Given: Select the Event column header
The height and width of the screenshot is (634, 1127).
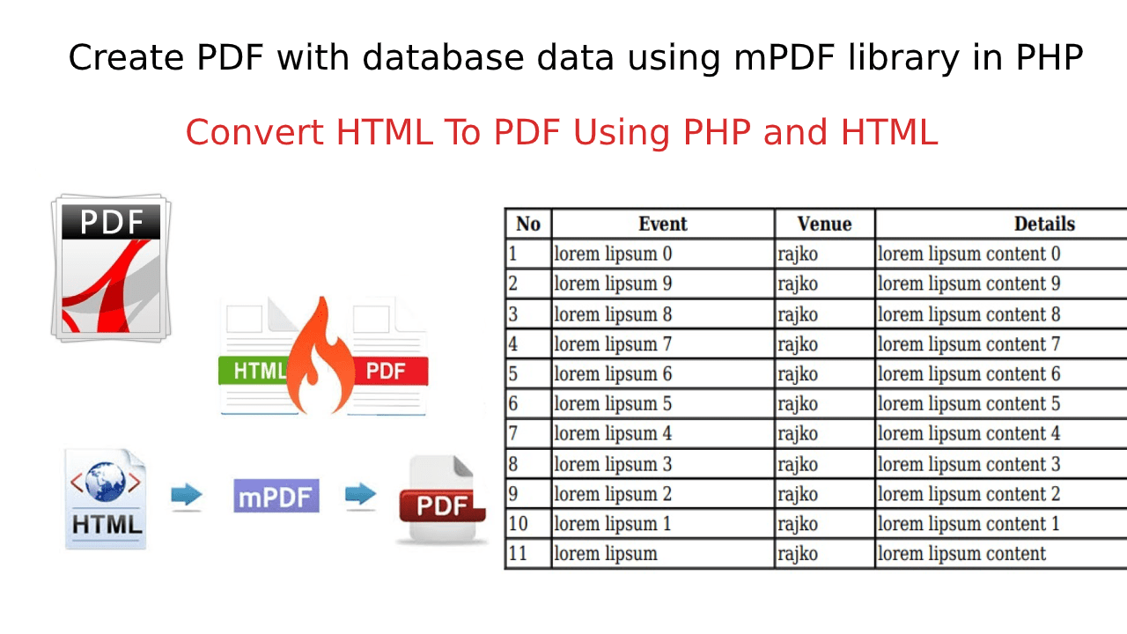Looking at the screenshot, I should tap(662, 224).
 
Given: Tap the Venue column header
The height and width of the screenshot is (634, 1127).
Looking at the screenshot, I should tap(824, 224).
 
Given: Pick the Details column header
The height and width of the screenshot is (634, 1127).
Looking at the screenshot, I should tap(1044, 224).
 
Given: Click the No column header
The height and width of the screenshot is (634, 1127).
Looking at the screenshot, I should tap(527, 224).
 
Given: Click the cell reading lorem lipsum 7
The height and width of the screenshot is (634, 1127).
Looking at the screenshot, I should tap(612, 344).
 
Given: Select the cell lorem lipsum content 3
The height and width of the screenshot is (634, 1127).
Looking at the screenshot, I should tap(969, 464).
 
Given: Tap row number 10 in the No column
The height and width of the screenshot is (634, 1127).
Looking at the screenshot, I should tap(518, 524).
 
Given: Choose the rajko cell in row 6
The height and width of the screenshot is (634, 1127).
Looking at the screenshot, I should tap(798, 404).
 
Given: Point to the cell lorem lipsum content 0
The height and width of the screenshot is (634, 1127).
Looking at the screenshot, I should tap(969, 254).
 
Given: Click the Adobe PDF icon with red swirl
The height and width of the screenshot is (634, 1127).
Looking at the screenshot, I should tap(111, 269).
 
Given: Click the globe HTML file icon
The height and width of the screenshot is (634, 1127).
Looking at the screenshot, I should tap(106, 498).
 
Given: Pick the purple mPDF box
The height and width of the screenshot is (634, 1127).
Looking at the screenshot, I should tap(276, 496).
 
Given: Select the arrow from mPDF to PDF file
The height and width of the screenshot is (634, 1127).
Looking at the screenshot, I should tap(360, 495).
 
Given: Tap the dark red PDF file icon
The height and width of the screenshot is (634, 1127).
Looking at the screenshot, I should tap(440, 499).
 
